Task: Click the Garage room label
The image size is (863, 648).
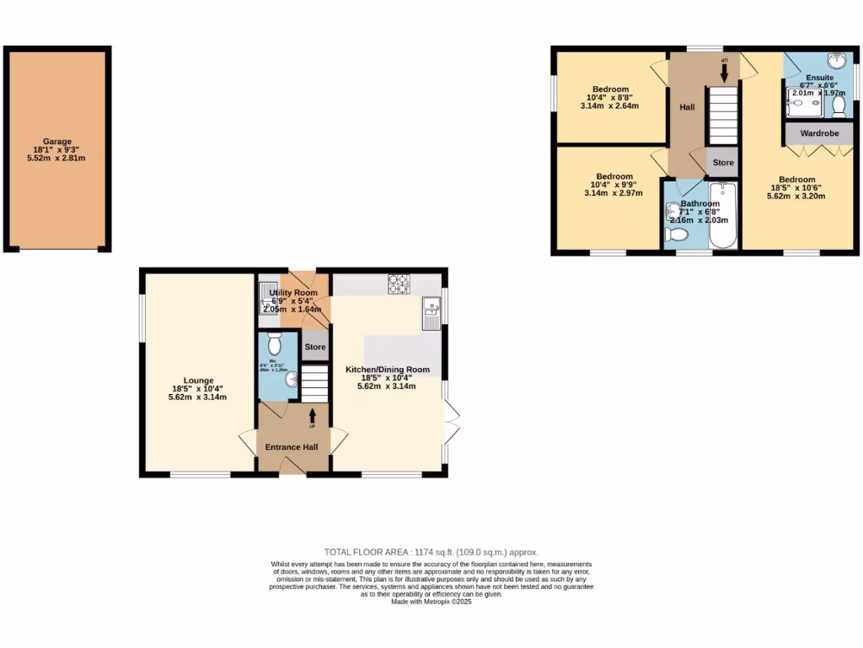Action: pyautogui.click(x=58, y=142)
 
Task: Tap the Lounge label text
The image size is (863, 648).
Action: pyautogui.click(x=199, y=381)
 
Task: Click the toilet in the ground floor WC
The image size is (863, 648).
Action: pyautogui.click(x=273, y=343)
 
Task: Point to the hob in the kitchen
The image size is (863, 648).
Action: pyautogui.click(x=398, y=283)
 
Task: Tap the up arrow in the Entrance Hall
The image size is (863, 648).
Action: pyautogui.click(x=313, y=415)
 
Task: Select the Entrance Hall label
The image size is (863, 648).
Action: pyautogui.click(x=292, y=446)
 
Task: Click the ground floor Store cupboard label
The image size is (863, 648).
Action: pyautogui.click(x=314, y=347)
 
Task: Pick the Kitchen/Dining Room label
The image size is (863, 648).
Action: pyautogui.click(x=388, y=370)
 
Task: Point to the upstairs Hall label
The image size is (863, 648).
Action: pyautogui.click(x=687, y=108)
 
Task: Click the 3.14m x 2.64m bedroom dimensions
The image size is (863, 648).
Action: pyautogui.click(x=609, y=106)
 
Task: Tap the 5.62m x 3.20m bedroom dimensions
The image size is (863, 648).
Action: pyautogui.click(x=796, y=196)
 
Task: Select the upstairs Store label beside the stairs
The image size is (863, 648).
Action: pyautogui.click(x=723, y=162)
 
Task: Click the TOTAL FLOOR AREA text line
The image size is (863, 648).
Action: pyautogui.click(x=431, y=552)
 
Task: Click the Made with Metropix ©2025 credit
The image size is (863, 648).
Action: pyautogui.click(x=431, y=602)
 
